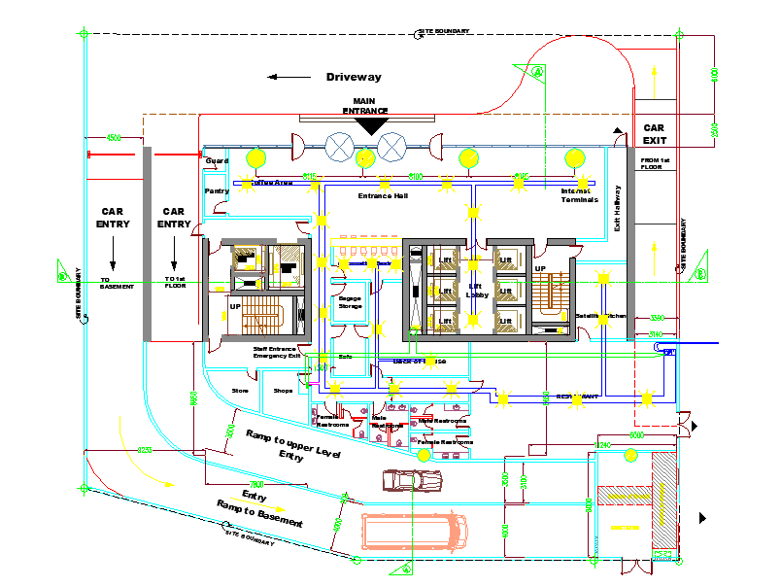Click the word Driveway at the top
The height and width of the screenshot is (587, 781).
pos(354,77)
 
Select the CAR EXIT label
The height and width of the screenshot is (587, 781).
pos(654,134)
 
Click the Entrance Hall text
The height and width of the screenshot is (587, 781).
pos(383,196)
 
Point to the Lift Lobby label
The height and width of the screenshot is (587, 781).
pos(476,290)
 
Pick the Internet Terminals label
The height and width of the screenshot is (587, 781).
pos(579,195)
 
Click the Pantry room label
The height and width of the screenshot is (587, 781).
pos(217,191)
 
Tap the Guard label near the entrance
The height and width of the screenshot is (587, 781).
pos(216,160)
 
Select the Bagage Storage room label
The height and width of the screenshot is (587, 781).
pos(350,302)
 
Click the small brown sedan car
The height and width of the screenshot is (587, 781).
pos(412,480)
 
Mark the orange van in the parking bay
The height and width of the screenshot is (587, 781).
pos(414,531)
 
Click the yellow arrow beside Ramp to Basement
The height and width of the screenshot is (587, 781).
pos(275,508)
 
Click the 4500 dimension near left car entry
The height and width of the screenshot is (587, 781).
pos(114,138)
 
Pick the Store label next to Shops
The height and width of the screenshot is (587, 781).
pos(240,391)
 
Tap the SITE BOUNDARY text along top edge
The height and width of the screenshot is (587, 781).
pos(444,32)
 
